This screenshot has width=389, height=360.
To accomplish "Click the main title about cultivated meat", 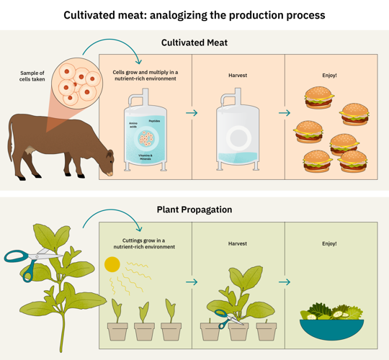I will coord(194,15).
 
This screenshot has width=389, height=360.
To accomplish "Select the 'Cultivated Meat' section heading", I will coord(194,42).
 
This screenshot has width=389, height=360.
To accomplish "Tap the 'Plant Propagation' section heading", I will coord(194,210).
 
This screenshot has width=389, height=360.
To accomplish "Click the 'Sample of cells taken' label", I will coord(32,76).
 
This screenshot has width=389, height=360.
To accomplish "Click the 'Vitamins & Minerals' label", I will coord(146,157).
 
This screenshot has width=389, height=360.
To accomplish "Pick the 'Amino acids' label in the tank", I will coord(133,126).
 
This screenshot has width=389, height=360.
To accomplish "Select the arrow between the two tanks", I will coord(192,113).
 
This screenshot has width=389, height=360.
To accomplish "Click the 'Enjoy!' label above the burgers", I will coord(330,75).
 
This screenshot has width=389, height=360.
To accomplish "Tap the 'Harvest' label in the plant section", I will coord(238,243).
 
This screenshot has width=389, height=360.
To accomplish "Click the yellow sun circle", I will coord(112,264).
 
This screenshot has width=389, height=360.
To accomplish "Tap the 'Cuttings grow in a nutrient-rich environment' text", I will coord(144,243).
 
